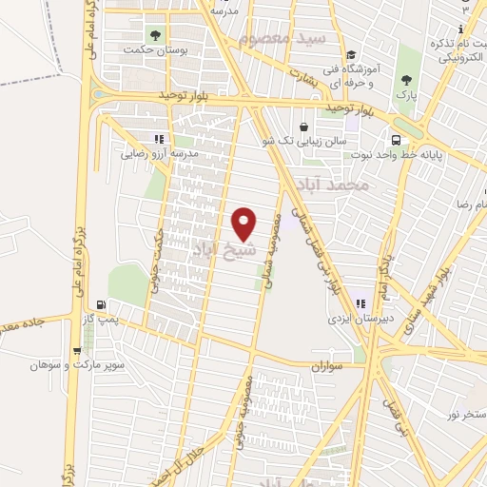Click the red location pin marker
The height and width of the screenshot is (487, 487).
click(244, 224)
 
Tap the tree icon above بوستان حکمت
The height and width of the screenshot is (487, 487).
click(158, 33)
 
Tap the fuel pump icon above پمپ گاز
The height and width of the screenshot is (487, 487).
click(96, 303)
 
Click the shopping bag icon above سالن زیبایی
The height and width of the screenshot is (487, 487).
click(303, 127)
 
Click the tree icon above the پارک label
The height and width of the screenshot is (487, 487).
click(407, 81)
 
